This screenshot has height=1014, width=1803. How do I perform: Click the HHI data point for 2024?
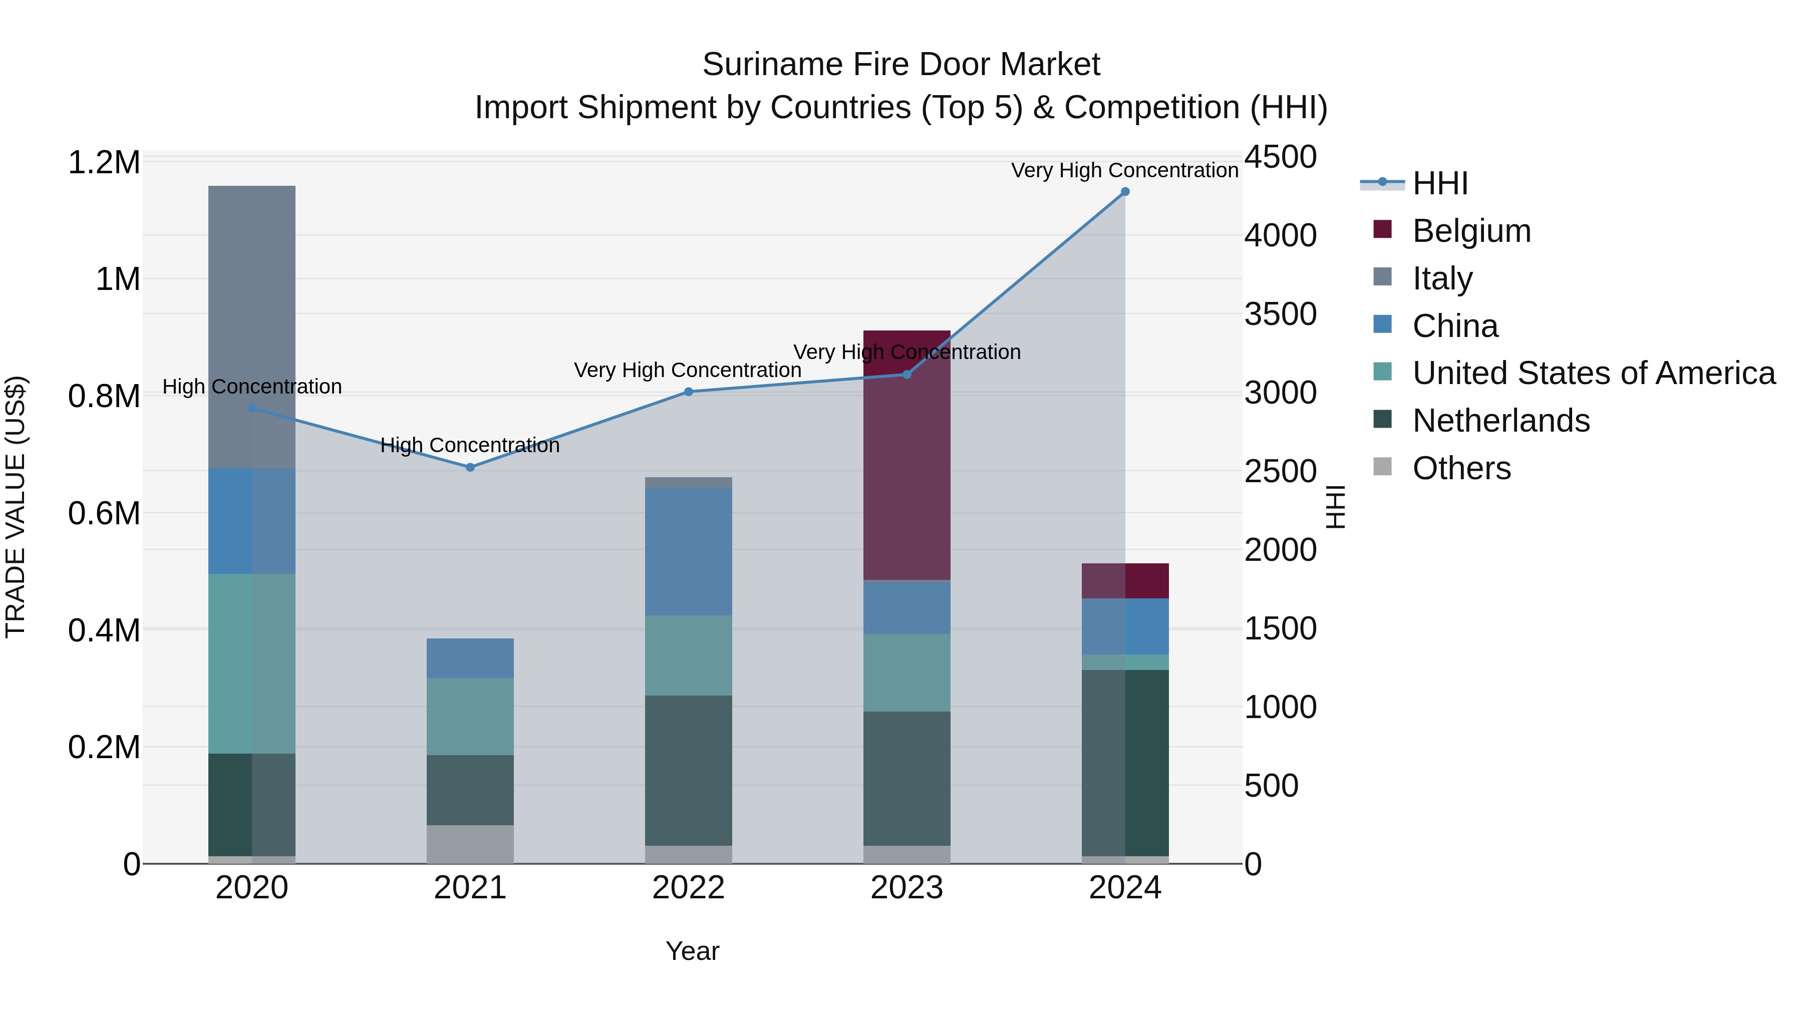click(x=1125, y=192)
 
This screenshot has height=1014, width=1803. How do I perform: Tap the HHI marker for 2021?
click(x=470, y=468)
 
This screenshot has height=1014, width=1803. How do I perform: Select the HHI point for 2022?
click(x=688, y=392)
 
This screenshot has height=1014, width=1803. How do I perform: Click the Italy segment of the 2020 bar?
click(x=252, y=327)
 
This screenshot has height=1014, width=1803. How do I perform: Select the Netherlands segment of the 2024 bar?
click(x=1125, y=763)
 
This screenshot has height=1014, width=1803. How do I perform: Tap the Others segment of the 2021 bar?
click(x=470, y=844)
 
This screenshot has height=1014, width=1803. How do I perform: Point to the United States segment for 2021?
click(x=470, y=716)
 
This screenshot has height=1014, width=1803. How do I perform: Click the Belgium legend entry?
click(x=1471, y=231)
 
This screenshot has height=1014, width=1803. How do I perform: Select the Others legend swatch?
click(x=1382, y=467)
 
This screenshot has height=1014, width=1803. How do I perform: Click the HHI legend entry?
click(x=1440, y=183)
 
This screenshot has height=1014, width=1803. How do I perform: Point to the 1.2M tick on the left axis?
click(x=104, y=162)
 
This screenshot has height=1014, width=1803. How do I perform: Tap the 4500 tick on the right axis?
click(x=1280, y=157)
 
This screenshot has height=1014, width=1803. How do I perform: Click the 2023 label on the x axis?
click(x=907, y=888)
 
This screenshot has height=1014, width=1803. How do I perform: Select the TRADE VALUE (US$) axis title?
click(x=16, y=507)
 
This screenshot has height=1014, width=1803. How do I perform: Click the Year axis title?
click(x=692, y=951)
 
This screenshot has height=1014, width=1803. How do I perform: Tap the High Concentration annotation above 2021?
click(x=470, y=445)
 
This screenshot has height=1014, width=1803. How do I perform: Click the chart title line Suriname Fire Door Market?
click(x=901, y=65)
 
